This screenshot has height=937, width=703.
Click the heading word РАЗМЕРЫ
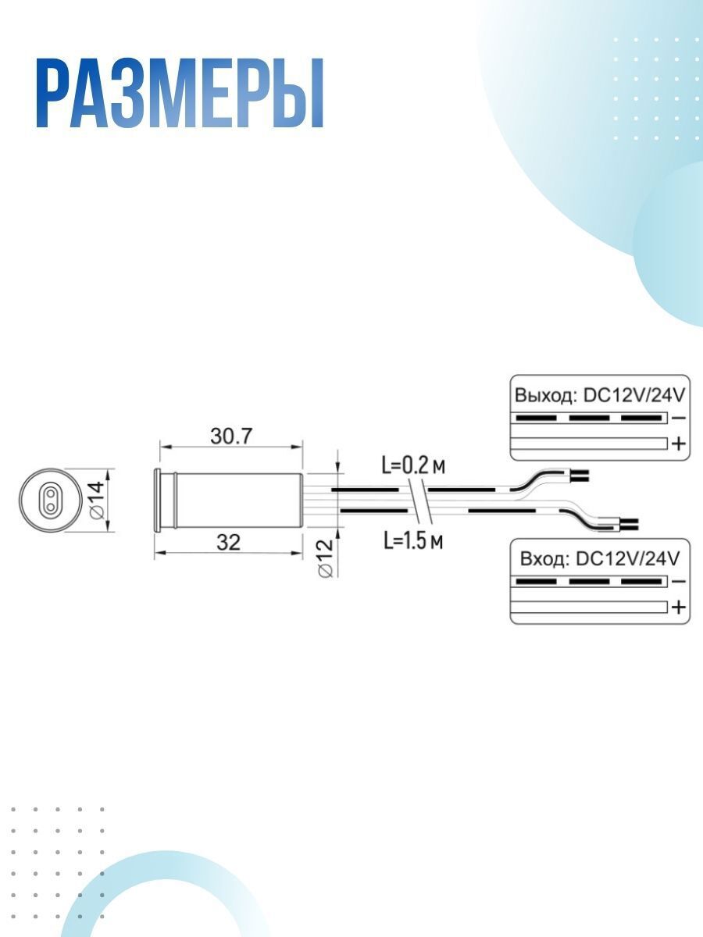click(180, 94)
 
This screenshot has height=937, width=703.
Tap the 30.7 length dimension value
click(231, 436)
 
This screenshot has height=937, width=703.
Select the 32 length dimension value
click(228, 543)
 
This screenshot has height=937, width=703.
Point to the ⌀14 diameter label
click(97, 501)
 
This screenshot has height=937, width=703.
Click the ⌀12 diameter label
click(325, 558)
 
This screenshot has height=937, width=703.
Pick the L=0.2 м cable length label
click(412, 466)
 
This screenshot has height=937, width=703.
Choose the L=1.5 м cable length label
click(412, 542)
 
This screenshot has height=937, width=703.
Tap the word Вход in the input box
click(544, 559)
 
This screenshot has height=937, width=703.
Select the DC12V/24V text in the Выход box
click(633, 395)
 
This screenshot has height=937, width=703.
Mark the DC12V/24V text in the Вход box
click(626, 559)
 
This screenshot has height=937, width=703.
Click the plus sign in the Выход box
click(678, 444)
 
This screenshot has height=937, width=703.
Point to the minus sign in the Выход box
click(679, 418)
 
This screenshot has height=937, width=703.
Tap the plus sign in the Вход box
click(678, 607)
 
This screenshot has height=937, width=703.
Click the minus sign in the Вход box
click(679, 582)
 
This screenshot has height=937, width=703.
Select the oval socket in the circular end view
click(51, 500)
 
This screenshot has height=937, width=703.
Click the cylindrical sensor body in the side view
click(228, 500)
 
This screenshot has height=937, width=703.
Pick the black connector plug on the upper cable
click(580, 476)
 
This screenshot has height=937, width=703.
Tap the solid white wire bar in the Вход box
click(589, 607)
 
